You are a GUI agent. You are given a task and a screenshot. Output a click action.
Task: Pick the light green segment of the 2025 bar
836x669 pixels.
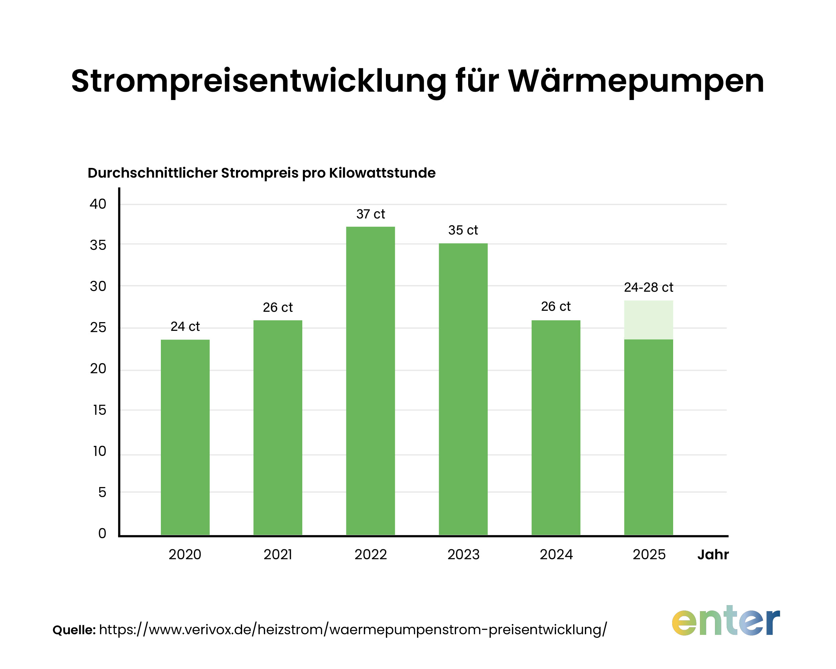coord(648,320)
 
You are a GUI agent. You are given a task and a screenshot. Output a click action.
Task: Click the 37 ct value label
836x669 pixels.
coord(370,214)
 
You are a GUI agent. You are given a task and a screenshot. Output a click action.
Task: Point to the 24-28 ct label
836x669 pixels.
coord(648,287)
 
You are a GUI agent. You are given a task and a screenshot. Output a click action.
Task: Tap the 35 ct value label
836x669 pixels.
coord(463,230)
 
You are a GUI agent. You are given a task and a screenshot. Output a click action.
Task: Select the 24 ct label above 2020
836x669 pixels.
coord(185,326)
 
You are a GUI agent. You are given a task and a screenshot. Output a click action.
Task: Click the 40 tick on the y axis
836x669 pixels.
coord(98,204)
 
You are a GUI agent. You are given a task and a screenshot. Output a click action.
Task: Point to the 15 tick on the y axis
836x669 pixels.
coord(99,410)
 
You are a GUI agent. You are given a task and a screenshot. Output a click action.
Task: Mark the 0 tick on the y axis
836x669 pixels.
coord(102,534)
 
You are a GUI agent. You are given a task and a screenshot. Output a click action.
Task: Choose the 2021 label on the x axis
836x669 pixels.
coord(278,555)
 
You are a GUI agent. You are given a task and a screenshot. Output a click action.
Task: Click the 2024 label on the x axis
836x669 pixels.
coord(556,555)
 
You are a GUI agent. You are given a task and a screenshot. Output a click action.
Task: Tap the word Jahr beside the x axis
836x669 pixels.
coord(713,555)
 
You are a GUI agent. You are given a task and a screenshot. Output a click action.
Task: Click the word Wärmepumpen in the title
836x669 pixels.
coord(636,81)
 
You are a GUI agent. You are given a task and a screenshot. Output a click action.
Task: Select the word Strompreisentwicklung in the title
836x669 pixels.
coord(258,81)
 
